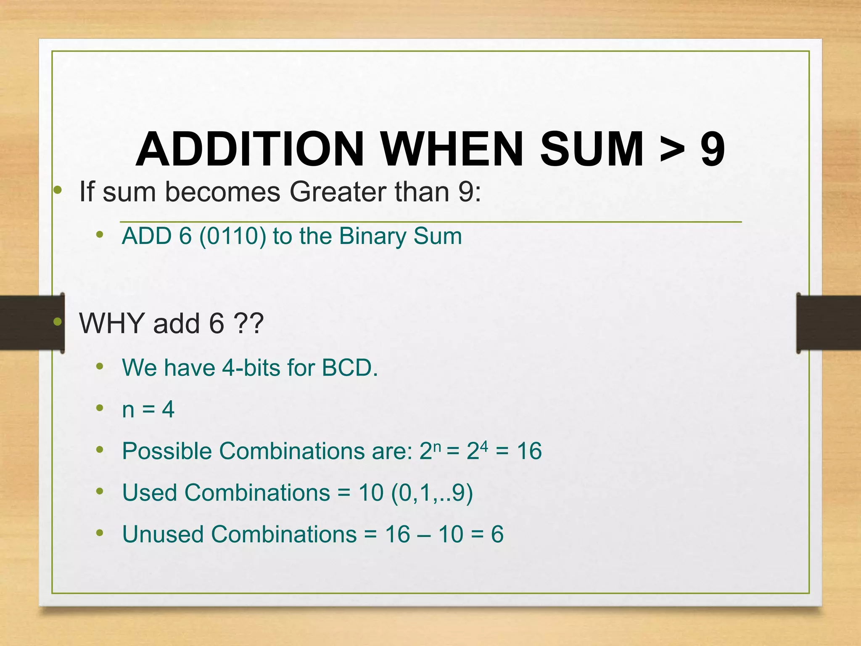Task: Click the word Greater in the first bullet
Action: (x=338, y=192)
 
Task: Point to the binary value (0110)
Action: (x=232, y=236)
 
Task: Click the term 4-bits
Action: (x=251, y=368)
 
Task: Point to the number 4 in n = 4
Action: (x=168, y=409)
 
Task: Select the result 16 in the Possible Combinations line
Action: (x=529, y=451)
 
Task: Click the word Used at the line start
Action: (x=149, y=492)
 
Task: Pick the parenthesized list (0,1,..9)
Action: (x=432, y=492)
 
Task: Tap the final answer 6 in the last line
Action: (x=497, y=534)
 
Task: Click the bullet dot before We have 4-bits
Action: (x=100, y=366)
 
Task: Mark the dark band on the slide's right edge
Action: (x=828, y=323)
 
